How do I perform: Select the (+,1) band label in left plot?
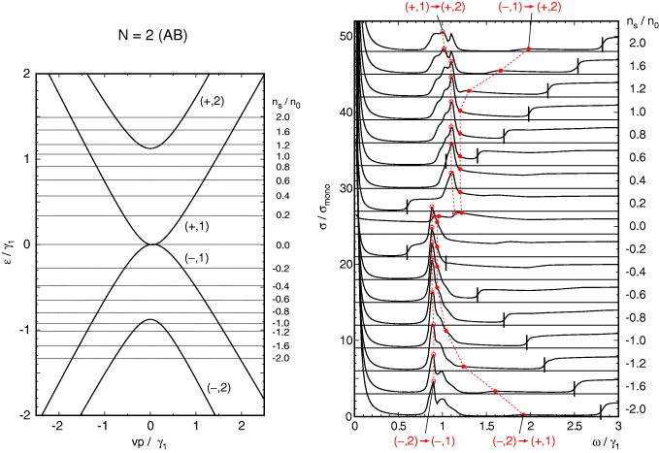198,226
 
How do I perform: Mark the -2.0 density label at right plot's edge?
636,409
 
